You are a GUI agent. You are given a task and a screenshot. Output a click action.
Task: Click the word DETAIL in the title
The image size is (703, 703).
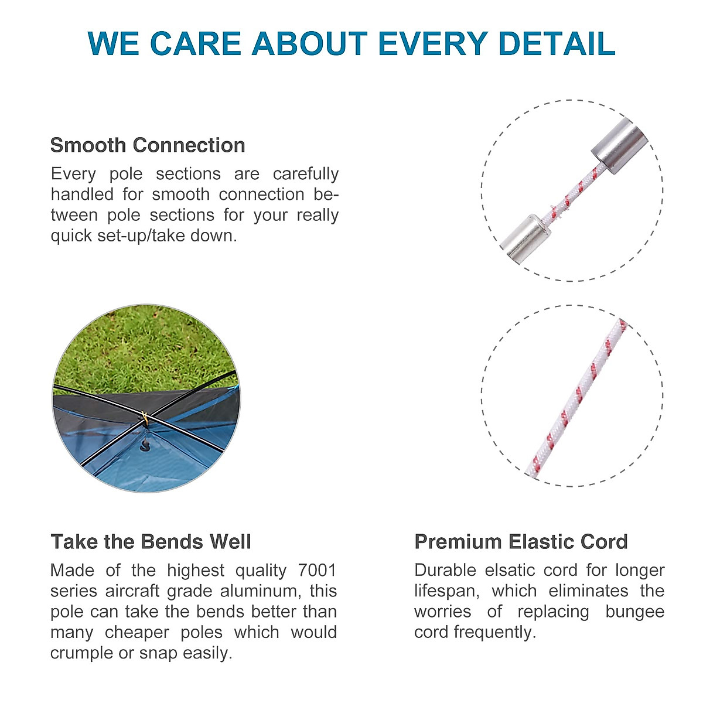[x=557, y=43]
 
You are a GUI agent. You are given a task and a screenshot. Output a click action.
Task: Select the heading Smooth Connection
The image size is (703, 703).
[x=148, y=145]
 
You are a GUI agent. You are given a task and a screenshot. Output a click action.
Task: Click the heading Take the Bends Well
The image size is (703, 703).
[x=151, y=542]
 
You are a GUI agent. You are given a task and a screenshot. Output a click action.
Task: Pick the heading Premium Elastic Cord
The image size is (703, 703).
[x=521, y=542]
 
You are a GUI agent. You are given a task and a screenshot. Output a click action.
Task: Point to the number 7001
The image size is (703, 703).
[x=317, y=571]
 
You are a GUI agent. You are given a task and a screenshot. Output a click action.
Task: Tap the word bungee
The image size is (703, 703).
[x=635, y=612]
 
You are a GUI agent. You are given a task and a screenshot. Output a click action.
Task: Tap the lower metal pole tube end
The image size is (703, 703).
[x=525, y=237]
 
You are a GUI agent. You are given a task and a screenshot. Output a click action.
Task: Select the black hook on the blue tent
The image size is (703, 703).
[x=146, y=445]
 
